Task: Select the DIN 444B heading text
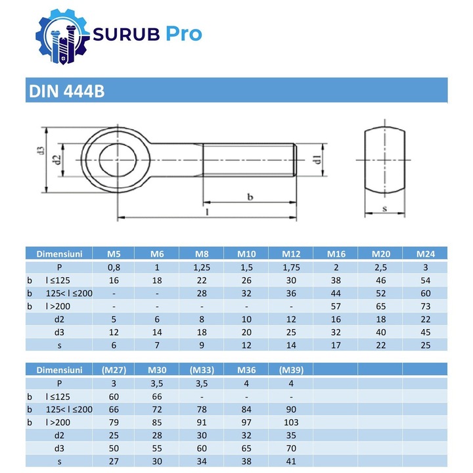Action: pos(66,91)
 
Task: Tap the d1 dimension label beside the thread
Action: pos(316,160)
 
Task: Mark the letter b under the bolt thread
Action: pos(250,196)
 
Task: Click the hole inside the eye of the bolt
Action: pos(118,160)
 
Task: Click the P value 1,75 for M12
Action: pos(291,267)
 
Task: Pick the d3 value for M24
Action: pos(424,332)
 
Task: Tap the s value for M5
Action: pos(114,345)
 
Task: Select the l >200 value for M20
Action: pos(380,306)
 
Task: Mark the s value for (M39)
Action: pos(291,462)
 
